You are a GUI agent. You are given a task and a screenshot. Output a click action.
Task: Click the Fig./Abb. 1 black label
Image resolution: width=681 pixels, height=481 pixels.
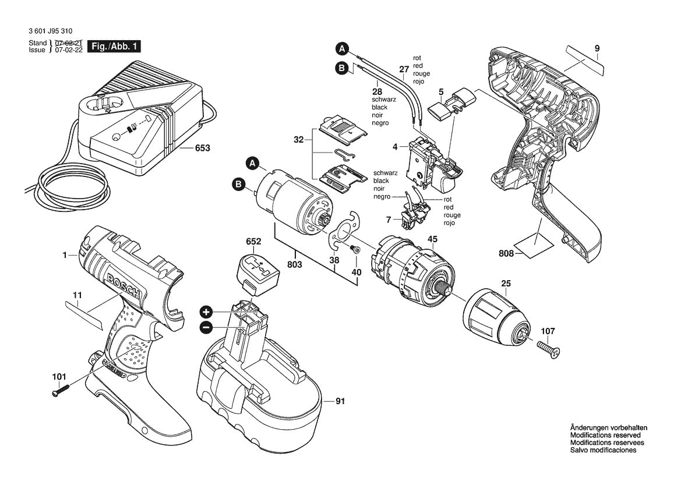pyautogui.click(x=114, y=46)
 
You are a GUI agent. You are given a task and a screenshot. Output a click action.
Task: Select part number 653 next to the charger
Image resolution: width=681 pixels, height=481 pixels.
pyautogui.click(x=202, y=148)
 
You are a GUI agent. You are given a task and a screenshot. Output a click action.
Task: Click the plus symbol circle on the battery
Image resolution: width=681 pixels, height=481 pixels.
pyautogui.click(x=205, y=311)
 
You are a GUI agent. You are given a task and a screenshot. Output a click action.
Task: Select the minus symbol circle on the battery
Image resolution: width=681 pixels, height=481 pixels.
pyautogui.click(x=205, y=328)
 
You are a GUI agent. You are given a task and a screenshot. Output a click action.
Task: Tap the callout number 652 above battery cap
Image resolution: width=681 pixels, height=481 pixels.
pyautogui.click(x=253, y=240)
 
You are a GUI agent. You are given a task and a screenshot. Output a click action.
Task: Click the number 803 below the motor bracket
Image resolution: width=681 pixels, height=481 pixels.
pyautogui.click(x=295, y=265)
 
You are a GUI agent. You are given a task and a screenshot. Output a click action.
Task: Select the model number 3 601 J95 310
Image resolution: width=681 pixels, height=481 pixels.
pyautogui.click(x=51, y=31)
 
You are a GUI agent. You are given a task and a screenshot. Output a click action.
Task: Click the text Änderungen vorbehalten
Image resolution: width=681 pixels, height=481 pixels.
pyautogui.click(x=609, y=427)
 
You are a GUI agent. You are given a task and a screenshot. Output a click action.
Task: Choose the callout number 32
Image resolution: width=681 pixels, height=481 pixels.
pyautogui.click(x=298, y=140)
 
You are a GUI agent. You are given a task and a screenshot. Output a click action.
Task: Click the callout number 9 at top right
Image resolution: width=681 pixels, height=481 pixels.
pyautogui.click(x=597, y=48)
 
